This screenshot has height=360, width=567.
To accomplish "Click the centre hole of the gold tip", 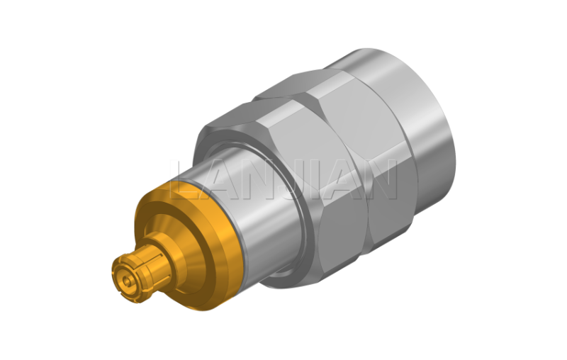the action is coord(126,281).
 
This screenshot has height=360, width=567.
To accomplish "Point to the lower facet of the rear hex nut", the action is coord(391,203).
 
